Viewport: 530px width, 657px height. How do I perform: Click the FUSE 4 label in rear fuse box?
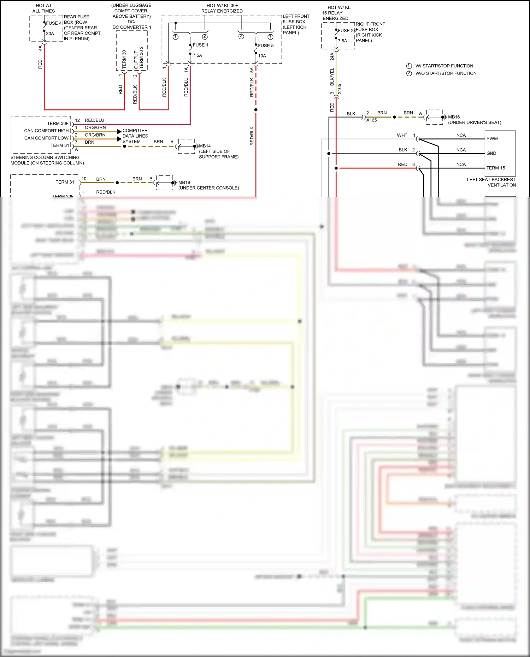[x=54, y=23]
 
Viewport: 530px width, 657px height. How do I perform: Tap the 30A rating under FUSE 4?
[x=50, y=34]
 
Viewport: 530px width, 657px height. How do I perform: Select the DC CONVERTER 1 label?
[x=131, y=27]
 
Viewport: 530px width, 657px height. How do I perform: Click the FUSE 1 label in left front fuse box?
[x=200, y=45]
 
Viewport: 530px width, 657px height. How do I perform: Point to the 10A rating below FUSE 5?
[x=262, y=56]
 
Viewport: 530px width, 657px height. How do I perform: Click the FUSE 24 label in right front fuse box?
[x=346, y=31]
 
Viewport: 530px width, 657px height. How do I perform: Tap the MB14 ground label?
[x=205, y=146]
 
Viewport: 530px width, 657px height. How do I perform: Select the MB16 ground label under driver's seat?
[x=454, y=117]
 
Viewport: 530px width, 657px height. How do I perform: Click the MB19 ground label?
[x=184, y=183]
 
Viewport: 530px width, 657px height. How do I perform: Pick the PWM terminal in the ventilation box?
[x=492, y=139]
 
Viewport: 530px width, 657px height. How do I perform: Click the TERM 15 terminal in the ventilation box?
[x=495, y=168]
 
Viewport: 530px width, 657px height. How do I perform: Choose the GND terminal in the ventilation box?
[x=491, y=153]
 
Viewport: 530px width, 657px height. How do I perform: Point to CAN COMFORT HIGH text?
[x=46, y=131]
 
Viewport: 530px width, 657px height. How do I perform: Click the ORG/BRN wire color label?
[x=95, y=135]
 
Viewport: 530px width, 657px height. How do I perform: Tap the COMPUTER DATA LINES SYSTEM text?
[x=135, y=136]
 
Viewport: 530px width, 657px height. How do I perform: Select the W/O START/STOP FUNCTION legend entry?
[x=446, y=73]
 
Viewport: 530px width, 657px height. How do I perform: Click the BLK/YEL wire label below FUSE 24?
[x=332, y=77]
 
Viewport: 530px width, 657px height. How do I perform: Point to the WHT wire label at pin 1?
[x=402, y=135]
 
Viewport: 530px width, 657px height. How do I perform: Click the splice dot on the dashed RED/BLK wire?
[x=256, y=110]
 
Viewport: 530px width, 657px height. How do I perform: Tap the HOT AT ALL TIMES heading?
[x=43, y=8]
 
